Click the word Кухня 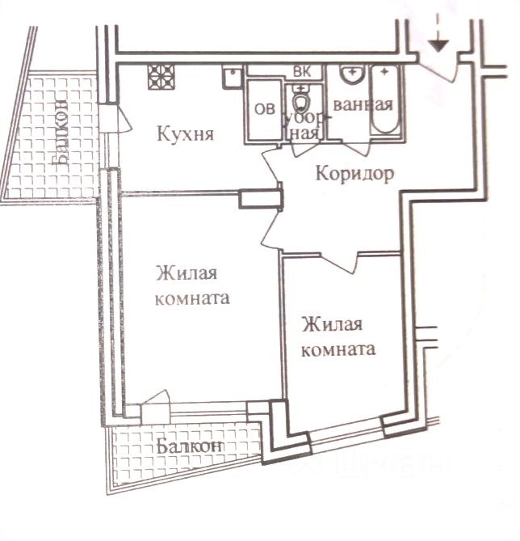pyautogui.click(x=185, y=134)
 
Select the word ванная pyautogui.click(x=362, y=104)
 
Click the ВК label pyautogui.click(x=302, y=71)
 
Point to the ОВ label pyautogui.click(x=263, y=109)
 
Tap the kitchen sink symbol pyautogui.click(x=232, y=77)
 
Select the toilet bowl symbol pyautogui.click(x=302, y=101)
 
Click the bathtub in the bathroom pyautogui.click(x=384, y=104)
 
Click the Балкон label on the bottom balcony pyautogui.click(x=189, y=446)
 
